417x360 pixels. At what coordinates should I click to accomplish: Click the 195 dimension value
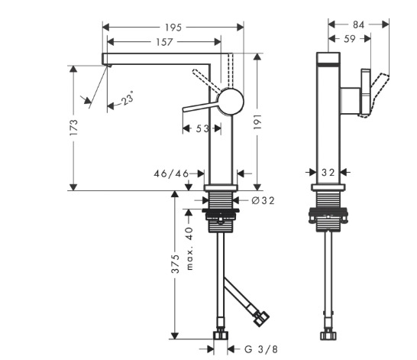point(173,28)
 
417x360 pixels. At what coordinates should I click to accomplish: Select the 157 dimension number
point(164,42)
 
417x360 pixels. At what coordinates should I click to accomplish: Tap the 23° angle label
point(127,98)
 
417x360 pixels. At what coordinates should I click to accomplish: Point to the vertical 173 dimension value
point(73,128)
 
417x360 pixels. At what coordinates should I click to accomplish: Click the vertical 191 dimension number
point(257,122)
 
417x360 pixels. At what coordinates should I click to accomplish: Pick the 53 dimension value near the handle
point(202,128)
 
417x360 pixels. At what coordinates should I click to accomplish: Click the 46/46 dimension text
point(171,174)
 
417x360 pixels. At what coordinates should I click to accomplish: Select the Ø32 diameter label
point(263,200)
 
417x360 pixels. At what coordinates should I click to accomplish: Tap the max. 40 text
point(189,248)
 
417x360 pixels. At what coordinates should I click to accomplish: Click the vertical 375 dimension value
point(175,264)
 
